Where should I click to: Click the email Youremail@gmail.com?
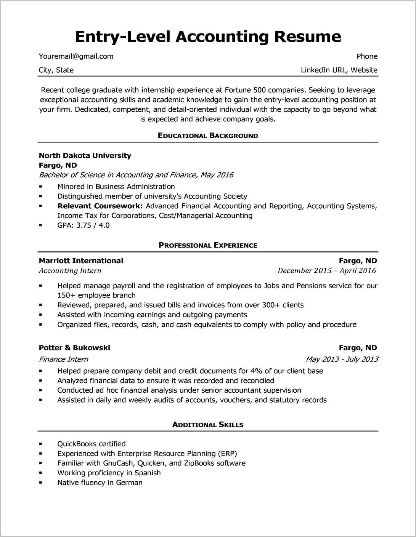[76, 56]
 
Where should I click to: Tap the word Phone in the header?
[367, 56]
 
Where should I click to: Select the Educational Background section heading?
[208, 136]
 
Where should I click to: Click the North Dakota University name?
[85, 155]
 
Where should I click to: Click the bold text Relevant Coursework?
[100, 206]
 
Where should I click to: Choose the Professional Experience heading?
[208, 245]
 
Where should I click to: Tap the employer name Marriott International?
[81, 261]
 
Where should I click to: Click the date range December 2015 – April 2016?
[326, 271]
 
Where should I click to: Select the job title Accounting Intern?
[70, 271]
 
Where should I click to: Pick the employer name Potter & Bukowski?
[74, 348]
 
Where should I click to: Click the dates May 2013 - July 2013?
[342, 359]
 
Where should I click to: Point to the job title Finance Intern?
[63, 359]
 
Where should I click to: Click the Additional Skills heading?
[208, 425]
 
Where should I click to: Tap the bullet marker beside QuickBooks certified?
[41, 444]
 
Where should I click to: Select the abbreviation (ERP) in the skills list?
[227, 454]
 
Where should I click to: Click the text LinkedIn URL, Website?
[339, 70]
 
